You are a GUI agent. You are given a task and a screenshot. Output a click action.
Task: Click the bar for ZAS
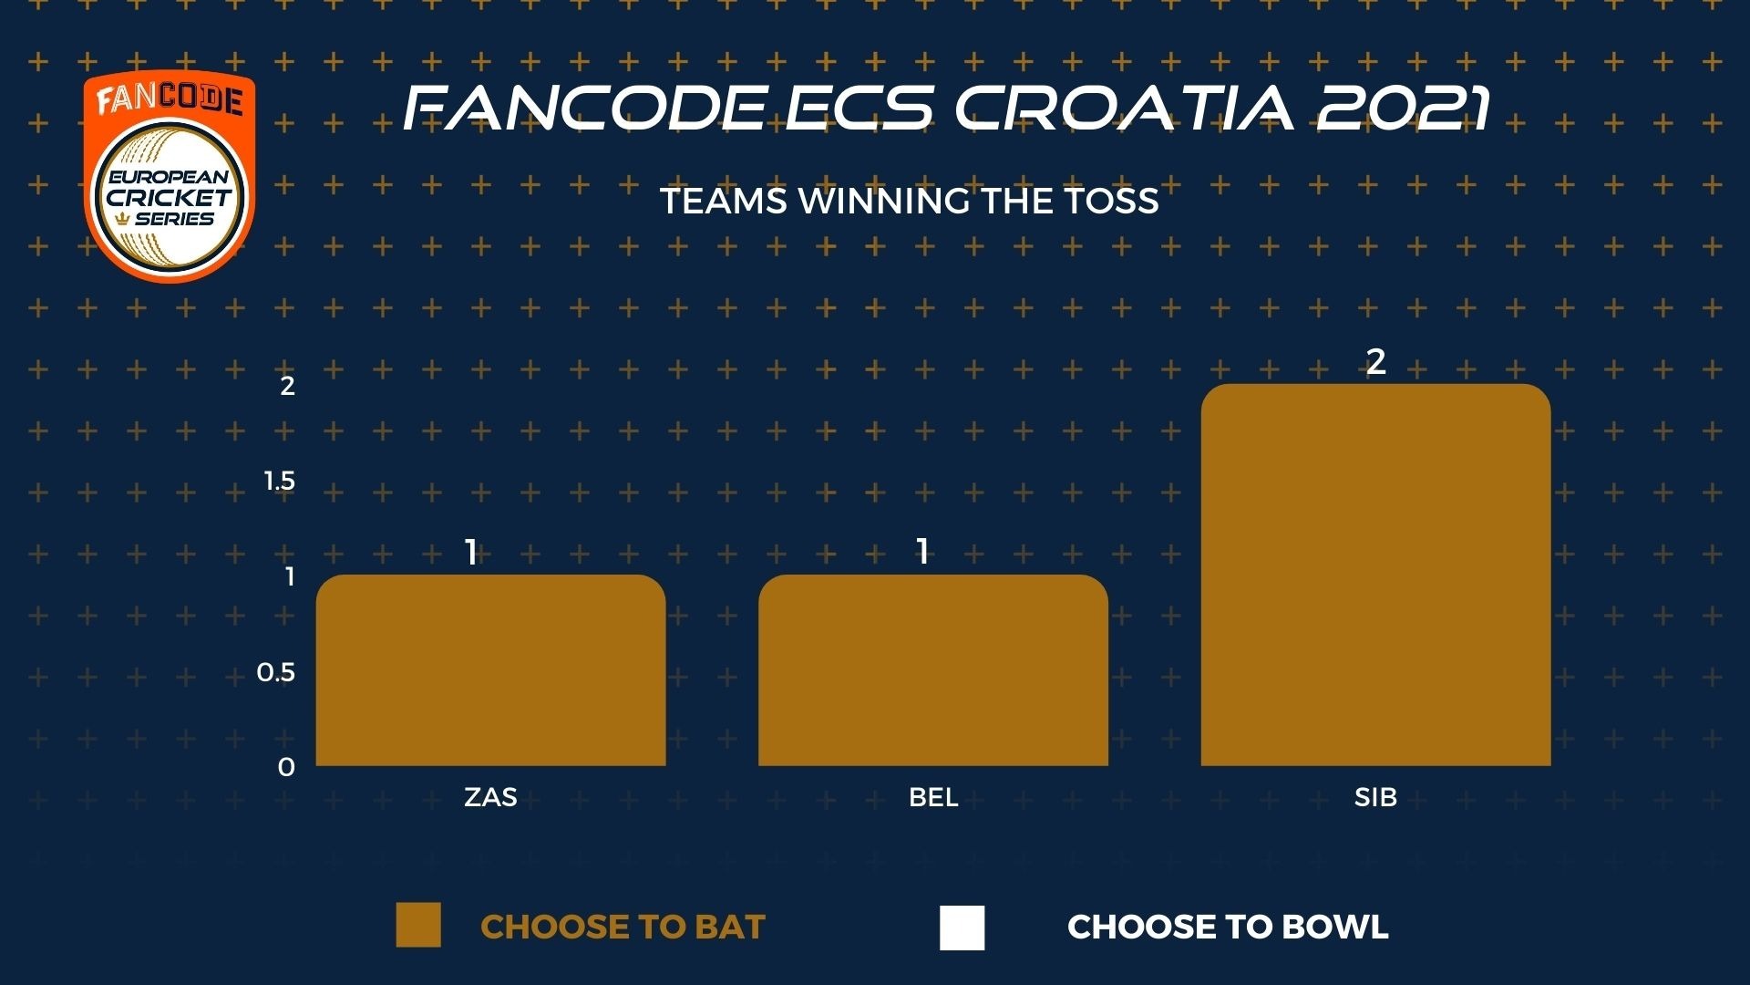pyautogui.click(x=490, y=669)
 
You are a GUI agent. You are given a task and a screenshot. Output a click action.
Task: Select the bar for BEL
pyautogui.click(x=933, y=669)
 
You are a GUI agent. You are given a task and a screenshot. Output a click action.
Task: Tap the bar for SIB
pyautogui.click(x=1375, y=575)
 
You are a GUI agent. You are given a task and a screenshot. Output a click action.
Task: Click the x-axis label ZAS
pyautogui.click(x=490, y=797)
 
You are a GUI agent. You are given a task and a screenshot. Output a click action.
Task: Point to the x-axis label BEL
pyautogui.click(x=933, y=797)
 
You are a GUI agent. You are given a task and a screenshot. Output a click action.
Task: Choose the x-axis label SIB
pyautogui.click(x=1375, y=797)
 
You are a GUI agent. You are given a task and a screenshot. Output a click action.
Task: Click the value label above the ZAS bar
pyautogui.click(x=471, y=552)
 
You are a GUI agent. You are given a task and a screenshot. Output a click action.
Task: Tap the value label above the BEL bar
pyautogui.click(x=922, y=552)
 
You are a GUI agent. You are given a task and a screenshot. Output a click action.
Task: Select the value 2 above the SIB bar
pyautogui.click(x=1375, y=362)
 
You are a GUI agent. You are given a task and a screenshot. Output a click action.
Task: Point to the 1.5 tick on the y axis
pyautogui.click(x=280, y=481)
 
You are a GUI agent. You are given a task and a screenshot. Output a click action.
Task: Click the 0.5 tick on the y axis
pyautogui.click(x=276, y=672)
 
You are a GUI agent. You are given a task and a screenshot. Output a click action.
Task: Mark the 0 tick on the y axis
pyautogui.click(x=286, y=768)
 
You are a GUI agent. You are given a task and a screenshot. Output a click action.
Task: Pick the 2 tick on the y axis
pyautogui.click(x=288, y=386)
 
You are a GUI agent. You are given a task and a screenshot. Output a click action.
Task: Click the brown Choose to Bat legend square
pyautogui.click(x=418, y=926)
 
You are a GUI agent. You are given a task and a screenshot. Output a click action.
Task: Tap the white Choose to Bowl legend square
pyautogui.click(x=962, y=928)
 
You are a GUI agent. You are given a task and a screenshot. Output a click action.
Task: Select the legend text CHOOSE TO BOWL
pyautogui.click(x=1228, y=927)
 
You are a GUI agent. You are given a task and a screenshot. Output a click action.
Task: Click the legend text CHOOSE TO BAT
pyautogui.click(x=623, y=927)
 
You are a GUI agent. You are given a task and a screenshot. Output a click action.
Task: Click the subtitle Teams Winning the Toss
pyautogui.click(x=910, y=201)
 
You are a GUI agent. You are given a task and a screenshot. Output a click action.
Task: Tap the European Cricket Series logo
pyautogui.click(x=170, y=177)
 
